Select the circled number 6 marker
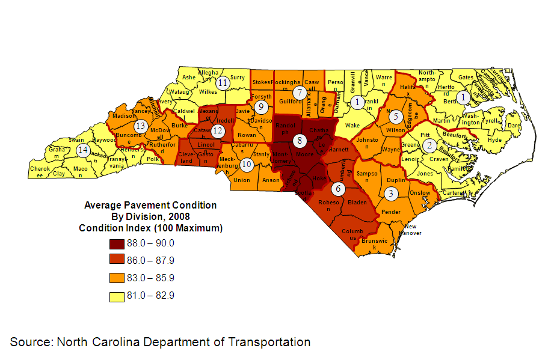pos(338,188)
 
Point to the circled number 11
pos(223,83)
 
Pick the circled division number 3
pos(391,194)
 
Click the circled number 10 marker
pos(247,163)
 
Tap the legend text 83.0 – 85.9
pos(150,278)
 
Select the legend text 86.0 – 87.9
pos(150,261)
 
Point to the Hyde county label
pos(495,140)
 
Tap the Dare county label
pos(514,126)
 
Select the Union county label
pos(241,180)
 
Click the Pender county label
pos(391,212)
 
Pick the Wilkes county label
pos(208,92)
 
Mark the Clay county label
pos(59,174)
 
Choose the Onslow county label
pos(420,193)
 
